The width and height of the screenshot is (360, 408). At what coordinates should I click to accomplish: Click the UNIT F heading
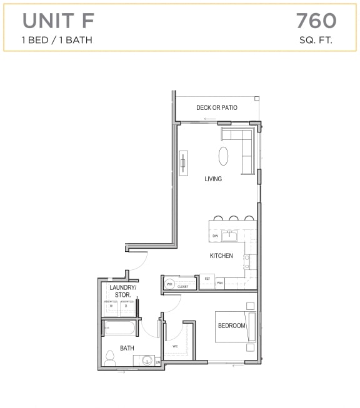pos(59,21)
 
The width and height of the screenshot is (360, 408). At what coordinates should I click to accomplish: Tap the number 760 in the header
pos(316,21)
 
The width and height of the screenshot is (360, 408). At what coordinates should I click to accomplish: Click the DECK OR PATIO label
pos(217,107)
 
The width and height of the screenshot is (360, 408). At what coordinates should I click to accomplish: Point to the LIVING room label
pos(213,179)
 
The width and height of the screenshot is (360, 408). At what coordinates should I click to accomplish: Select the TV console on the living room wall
pos(184,164)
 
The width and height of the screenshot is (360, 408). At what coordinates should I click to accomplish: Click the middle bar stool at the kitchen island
pos(233,219)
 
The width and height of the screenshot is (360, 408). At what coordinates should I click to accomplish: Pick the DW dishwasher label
pos(215,236)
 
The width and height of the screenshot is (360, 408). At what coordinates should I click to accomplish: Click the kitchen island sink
pos(231,236)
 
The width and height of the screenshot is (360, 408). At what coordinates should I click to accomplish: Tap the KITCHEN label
pos(221,256)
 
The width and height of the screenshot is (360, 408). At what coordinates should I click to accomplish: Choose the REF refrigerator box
pos(207,279)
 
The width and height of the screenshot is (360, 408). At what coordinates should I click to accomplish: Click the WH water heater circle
pos(169,284)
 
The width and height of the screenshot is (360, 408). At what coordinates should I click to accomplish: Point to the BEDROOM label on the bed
pos(231,326)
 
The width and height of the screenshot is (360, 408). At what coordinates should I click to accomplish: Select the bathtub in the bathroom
pos(121,327)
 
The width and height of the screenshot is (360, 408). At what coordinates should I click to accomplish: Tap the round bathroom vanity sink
pos(147,361)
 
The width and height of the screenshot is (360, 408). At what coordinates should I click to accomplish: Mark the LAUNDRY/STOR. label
pos(122,291)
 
